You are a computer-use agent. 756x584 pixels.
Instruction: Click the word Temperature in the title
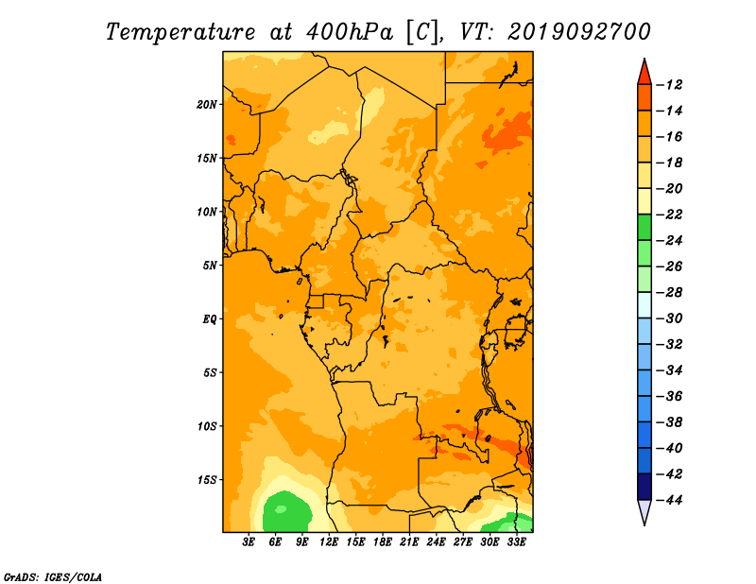pos(180,32)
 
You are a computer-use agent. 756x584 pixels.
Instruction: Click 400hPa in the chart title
pos(349,32)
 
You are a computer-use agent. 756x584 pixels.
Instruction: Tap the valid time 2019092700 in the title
pos(579,32)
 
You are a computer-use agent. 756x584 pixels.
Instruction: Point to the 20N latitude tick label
pos(207,105)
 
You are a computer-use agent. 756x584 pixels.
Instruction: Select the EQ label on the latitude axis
pos(209,319)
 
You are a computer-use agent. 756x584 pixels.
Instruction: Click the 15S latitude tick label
pos(207,480)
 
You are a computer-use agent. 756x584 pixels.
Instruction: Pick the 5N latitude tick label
pos(210,266)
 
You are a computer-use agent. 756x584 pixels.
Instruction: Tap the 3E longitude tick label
pos(249,541)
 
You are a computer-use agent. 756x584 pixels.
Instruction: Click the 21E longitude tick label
pos(409,541)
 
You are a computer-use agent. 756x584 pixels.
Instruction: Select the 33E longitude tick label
pos(516,541)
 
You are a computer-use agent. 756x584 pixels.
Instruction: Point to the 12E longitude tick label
pos(329,541)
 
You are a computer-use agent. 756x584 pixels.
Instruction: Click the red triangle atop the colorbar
pos(644,72)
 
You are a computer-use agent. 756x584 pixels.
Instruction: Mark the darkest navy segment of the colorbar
pos(644,487)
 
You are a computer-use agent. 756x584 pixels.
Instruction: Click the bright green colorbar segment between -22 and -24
pos(644,227)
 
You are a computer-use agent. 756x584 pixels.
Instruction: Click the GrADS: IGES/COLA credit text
pos(53,577)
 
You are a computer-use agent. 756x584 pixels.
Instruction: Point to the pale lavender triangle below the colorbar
pos(644,511)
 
